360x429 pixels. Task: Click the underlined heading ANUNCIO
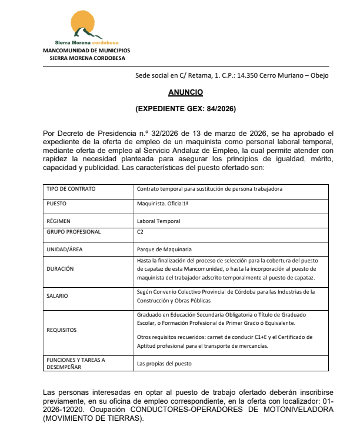click(x=185, y=93)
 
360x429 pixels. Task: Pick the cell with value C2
click(x=140, y=232)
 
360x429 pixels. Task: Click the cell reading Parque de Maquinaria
click(x=164, y=250)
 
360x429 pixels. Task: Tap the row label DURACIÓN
click(x=59, y=268)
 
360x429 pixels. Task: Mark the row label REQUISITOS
click(x=61, y=330)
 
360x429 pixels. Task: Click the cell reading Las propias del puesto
click(x=164, y=364)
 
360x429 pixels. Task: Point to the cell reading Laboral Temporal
click(x=158, y=221)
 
